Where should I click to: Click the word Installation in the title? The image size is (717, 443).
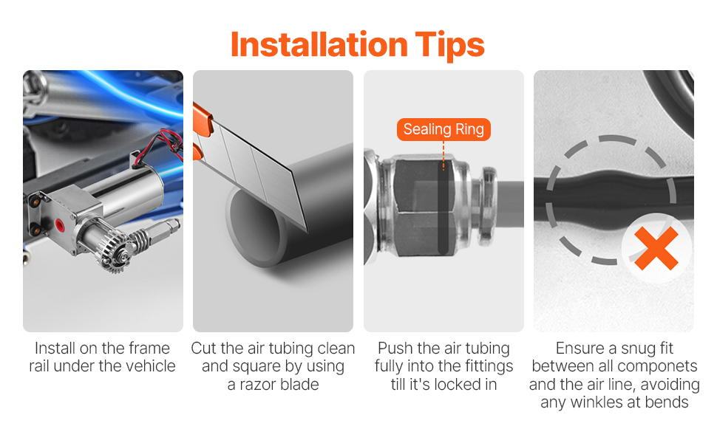click(319, 44)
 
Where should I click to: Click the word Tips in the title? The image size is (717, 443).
click(450, 46)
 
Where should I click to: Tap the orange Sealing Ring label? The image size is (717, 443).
click(444, 129)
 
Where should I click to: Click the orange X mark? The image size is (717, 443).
click(656, 248)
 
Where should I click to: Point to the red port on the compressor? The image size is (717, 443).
click(59, 224)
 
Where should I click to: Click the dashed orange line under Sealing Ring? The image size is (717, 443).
click(443, 156)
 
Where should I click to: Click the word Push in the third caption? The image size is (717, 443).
click(392, 348)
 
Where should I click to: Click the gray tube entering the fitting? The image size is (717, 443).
click(510, 204)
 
